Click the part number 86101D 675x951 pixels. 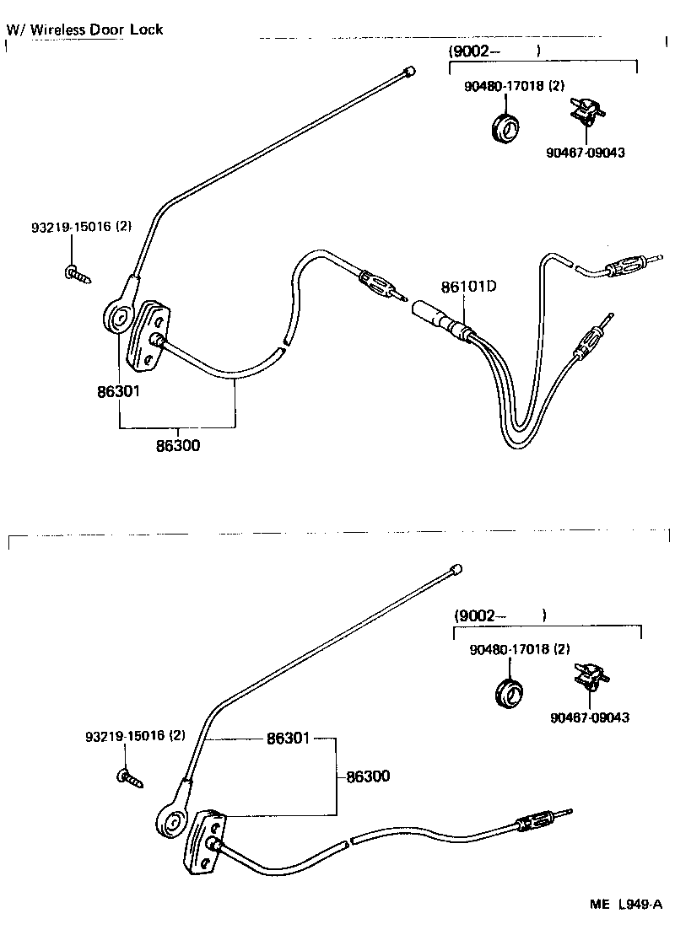pos(467,287)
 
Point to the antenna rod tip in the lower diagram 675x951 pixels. pos(456,570)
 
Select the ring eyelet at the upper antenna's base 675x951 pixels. pos(116,318)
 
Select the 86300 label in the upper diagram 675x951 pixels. pos(177,445)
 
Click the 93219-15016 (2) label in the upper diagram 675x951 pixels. pos(82,227)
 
